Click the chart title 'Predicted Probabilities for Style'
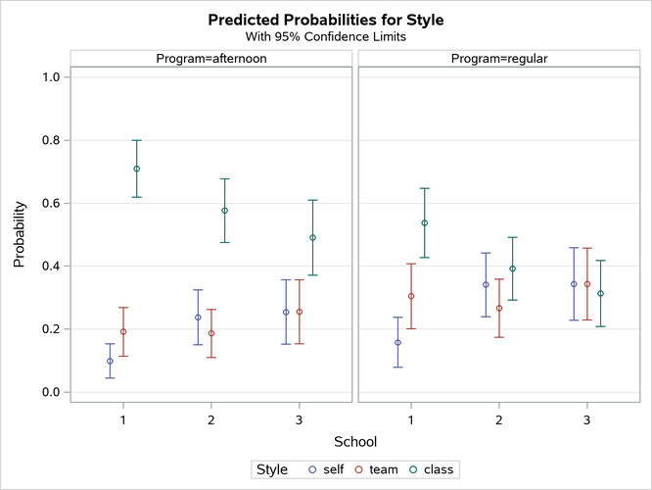tap(326, 20)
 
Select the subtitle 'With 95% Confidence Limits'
tap(326, 38)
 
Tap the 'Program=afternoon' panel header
tap(211, 59)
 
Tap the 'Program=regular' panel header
tap(498, 59)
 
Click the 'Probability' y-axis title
tap(19, 235)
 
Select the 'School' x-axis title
tap(354, 442)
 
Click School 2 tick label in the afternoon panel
tap(211, 419)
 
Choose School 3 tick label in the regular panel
tap(586, 419)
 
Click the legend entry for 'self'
tap(325, 469)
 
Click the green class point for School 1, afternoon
tap(137, 169)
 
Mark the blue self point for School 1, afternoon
tap(110, 362)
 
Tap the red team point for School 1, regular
tap(411, 296)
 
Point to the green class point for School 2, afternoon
tap(225, 211)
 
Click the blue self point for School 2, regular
tap(486, 285)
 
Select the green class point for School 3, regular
tap(600, 294)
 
